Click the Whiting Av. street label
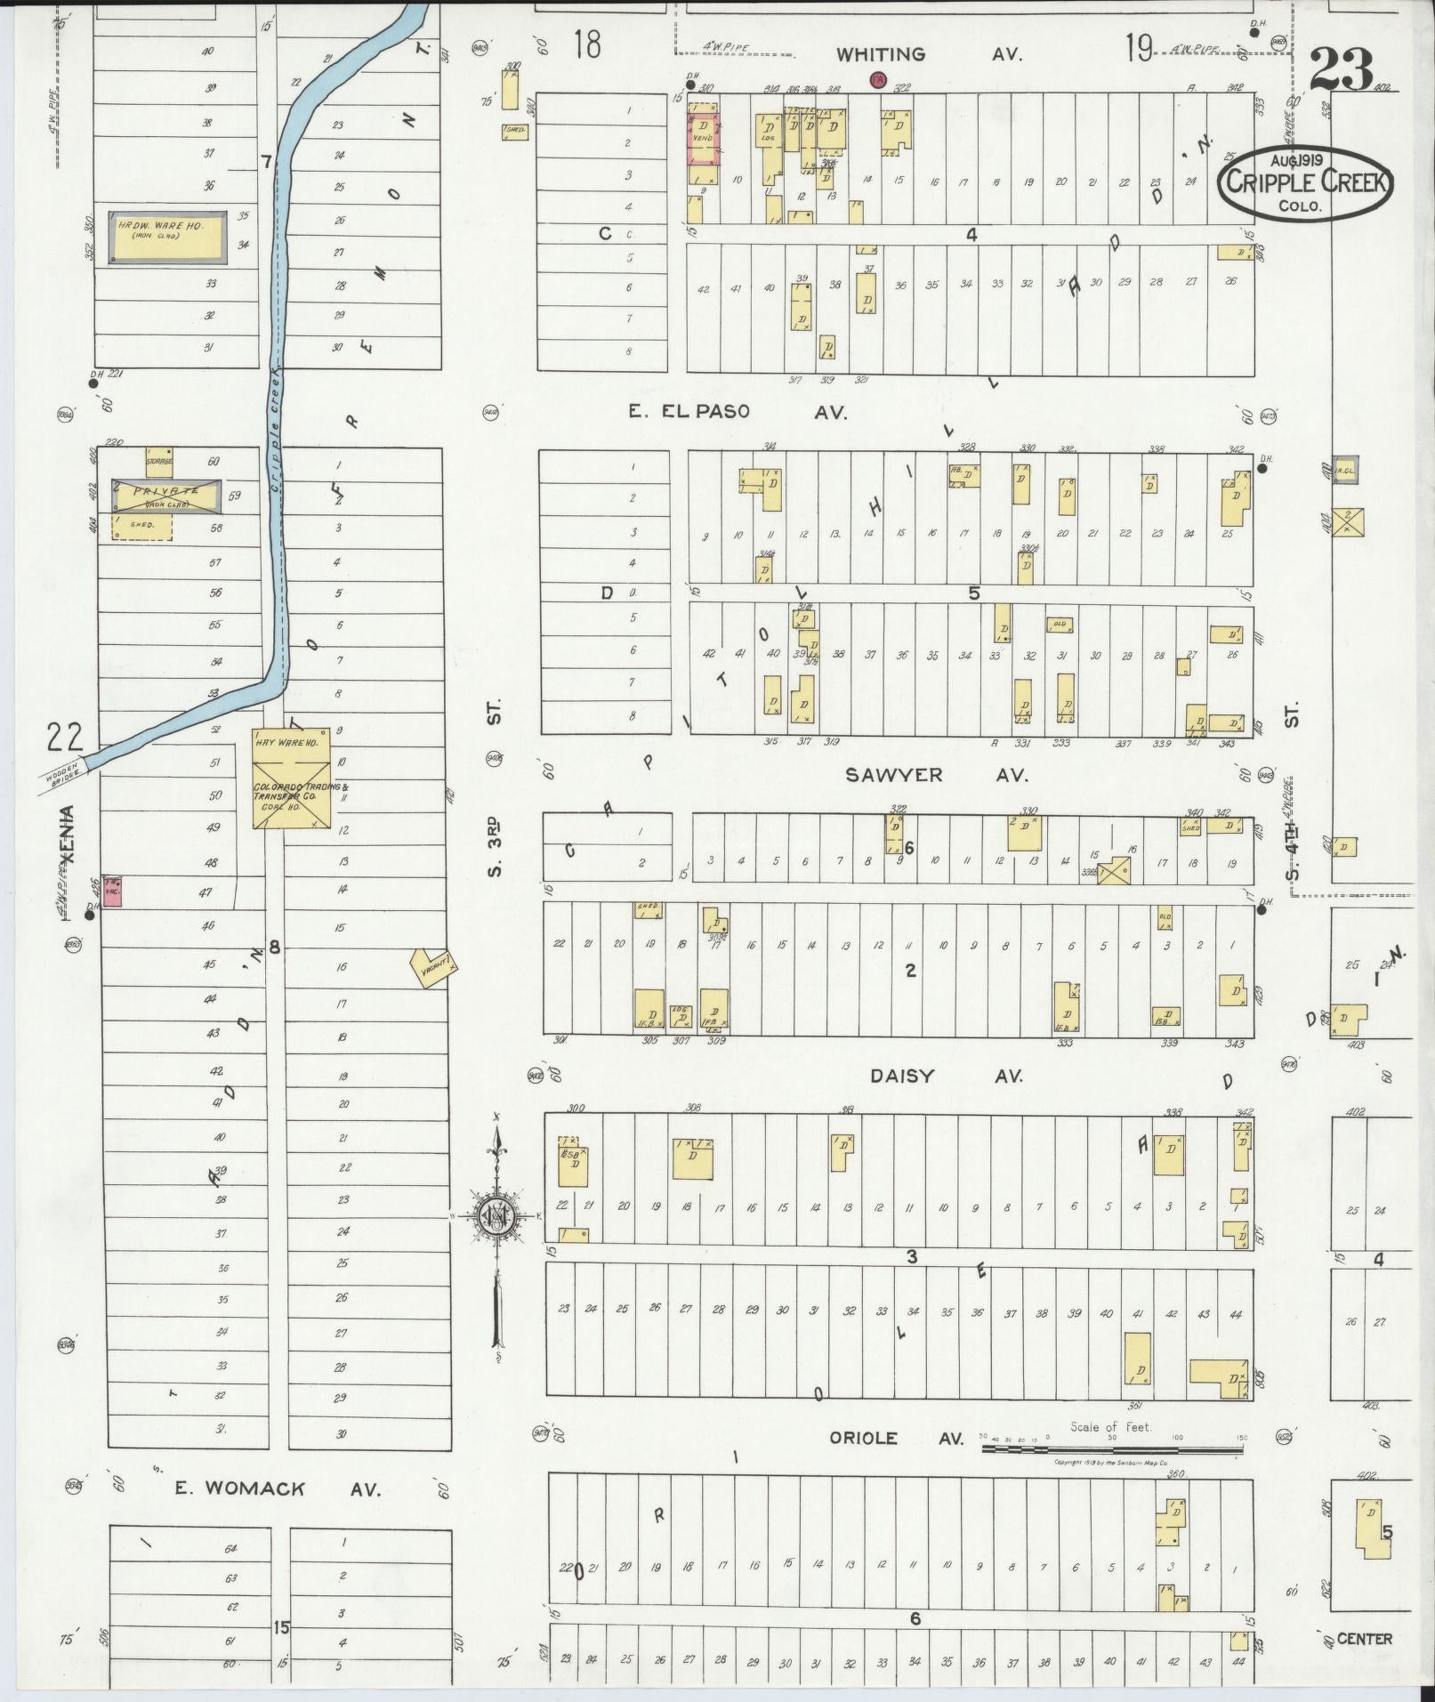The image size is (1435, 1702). coord(928,55)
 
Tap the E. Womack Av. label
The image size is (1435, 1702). coord(277,1488)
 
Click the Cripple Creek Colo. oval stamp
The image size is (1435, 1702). coord(1304,182)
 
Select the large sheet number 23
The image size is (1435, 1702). coord(1341,69)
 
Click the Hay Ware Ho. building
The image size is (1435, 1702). coord(292,781)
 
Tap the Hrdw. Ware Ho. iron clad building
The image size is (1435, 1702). coord(167,237)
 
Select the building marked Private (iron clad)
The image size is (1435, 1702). coord(166,495)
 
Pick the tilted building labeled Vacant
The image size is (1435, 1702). coord(433,966)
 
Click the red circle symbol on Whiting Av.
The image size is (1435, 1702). coord(878,80)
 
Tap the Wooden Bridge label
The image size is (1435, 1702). coord(63,771)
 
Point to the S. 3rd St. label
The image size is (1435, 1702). coord(496,786)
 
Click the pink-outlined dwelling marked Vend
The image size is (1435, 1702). coord(702,139)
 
